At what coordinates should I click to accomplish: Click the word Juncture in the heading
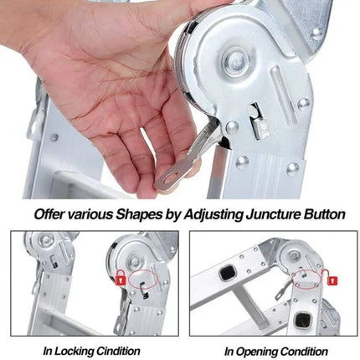click(270, 214)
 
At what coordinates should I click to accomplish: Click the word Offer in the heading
click(49, 214)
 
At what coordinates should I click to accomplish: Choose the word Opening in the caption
click(256, 352)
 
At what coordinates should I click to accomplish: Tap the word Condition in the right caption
click(304, 352)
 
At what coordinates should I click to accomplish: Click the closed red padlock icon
click(120, 278)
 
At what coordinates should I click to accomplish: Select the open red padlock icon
click(330, 278)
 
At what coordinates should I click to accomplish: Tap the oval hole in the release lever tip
click(172, 177)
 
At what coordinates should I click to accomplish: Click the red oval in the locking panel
click(142, 279)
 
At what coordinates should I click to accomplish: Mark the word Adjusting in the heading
click(213, 215)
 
